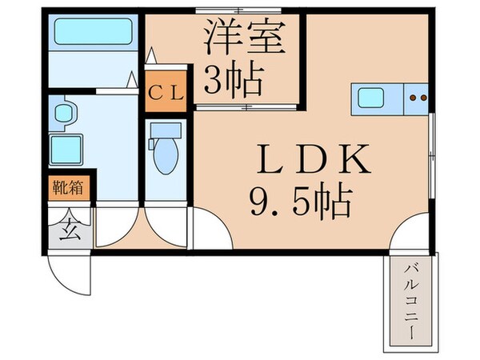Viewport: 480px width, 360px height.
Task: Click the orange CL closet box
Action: click(166, 90)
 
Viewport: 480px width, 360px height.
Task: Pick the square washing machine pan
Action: click(67, 150)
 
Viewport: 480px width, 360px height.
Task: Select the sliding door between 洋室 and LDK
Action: click(248, 105)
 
